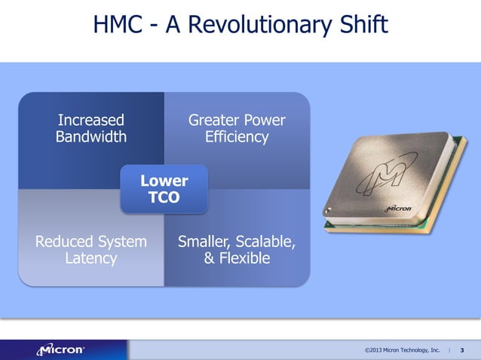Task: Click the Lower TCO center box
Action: click(x=164, y=189)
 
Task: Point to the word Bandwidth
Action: click(x=91, y=137)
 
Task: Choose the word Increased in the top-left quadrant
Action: click(x=91, y=121)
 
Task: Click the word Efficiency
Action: click(x=237, y=137)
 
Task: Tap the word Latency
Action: click(x=91, y=259)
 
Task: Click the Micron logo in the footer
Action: click(x=62, y=349)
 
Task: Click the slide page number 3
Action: click(x=461, y=350)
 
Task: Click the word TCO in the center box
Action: click(x=164, y=197)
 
